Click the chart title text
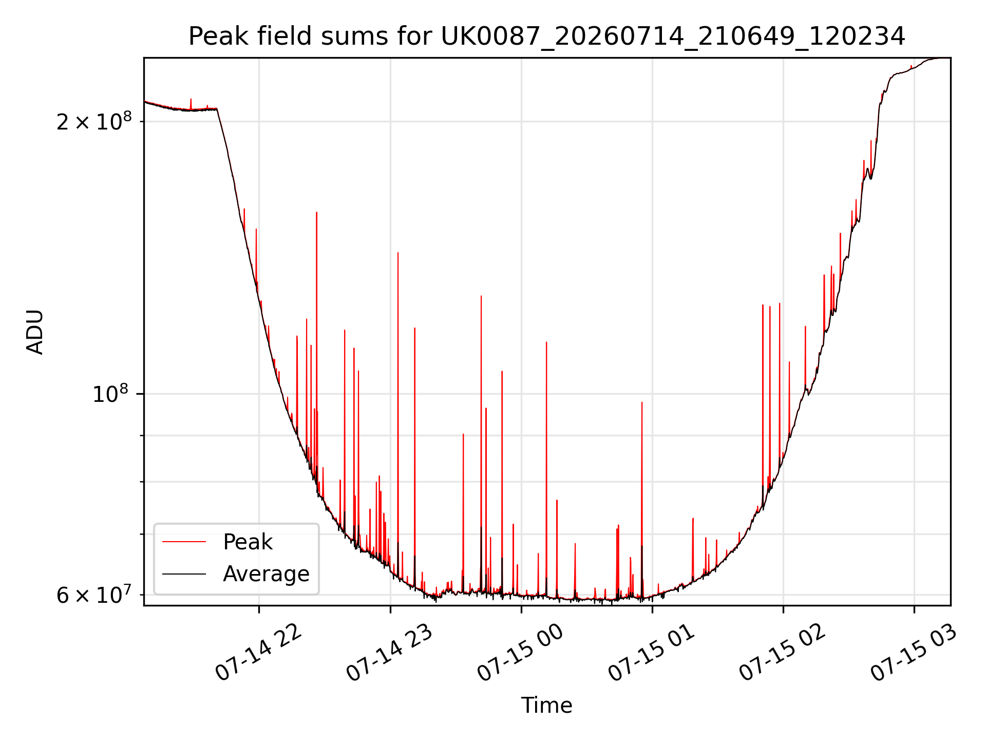547,36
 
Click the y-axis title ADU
35,332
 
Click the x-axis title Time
547,705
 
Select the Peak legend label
248,542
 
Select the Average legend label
266,574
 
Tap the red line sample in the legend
184,542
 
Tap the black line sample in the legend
184,574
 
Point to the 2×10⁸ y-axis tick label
94,121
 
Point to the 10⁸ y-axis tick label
110,394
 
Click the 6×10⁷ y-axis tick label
93,595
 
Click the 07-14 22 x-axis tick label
258,653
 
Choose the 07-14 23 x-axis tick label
390,653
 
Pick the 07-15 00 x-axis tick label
521,653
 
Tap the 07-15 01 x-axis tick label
652,653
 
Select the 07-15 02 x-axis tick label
783,653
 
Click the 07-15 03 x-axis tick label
914,653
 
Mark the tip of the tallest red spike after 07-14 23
398,252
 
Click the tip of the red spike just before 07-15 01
642,402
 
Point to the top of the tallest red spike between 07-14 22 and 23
317,212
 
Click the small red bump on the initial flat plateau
191,99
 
